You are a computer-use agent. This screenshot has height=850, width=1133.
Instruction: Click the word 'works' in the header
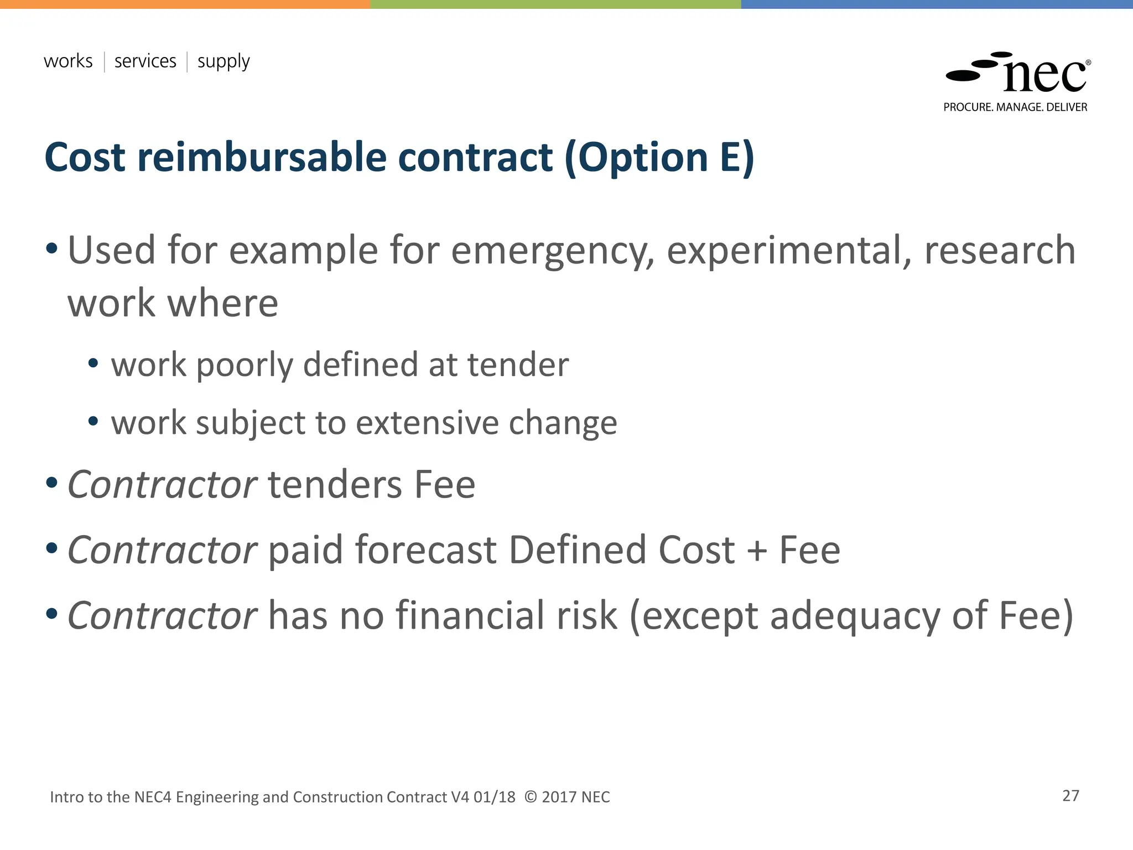[68, 61]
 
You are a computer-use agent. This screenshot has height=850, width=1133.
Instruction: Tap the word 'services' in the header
[145, 61]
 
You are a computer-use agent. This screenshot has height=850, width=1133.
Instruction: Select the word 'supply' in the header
[224, 62]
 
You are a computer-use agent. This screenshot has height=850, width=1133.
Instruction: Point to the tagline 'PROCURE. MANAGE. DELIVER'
[1015, 107]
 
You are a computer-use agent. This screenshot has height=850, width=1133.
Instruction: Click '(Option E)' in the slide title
[659, 158]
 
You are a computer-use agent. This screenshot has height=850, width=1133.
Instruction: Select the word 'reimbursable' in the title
[262, 157]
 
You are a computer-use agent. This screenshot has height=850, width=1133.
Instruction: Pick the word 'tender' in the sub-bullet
[518, 365]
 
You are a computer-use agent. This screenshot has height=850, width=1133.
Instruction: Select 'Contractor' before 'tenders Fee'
[162, 485]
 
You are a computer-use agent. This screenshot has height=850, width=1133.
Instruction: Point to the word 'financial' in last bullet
[497, 615]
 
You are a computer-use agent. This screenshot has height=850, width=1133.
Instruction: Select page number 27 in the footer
[1070, 796]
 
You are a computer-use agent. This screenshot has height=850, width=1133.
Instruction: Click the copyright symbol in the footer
[531, 797]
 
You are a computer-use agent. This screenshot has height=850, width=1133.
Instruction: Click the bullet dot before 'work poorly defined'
[93, 364]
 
